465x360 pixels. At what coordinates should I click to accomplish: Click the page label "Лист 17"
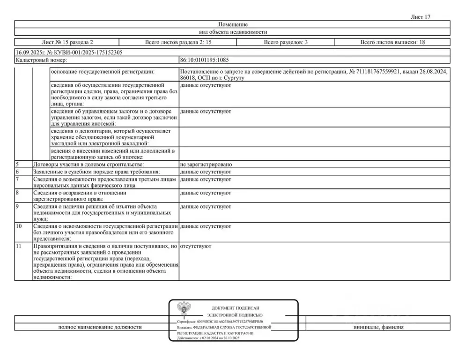tap(420, 17)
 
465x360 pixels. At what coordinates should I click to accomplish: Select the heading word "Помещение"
tap(233, 24)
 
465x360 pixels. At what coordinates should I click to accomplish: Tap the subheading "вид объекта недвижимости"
tap(233, 32)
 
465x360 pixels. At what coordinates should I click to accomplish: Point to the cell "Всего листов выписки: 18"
tap(392, 42)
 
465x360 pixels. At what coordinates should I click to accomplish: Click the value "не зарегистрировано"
tap(206, 165)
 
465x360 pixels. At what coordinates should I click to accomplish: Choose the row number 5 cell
tap(22, 165)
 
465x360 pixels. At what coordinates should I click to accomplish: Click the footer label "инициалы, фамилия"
tap(378, 327)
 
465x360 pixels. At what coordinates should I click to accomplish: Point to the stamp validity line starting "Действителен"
tap(208, 338)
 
